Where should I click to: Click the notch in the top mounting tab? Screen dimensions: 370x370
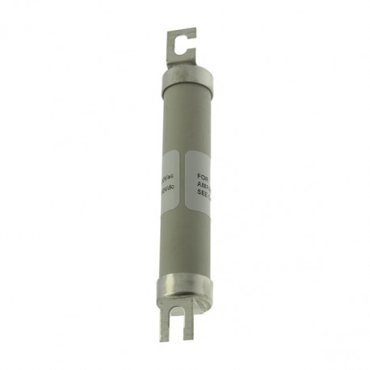click(x=184, y=47)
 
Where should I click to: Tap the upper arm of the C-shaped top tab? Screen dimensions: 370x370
click(x=183, y=34)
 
